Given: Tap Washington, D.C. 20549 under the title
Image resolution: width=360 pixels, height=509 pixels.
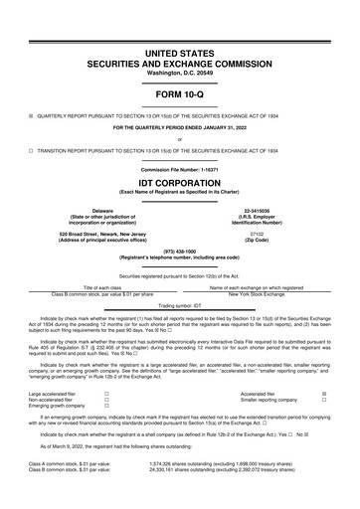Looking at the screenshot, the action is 179,74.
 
